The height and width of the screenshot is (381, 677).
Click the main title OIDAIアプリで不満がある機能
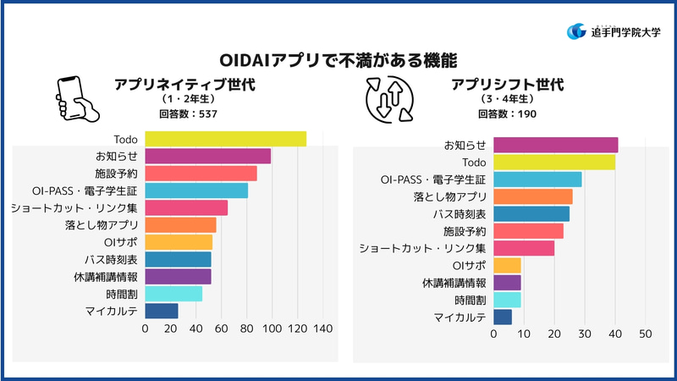(338, 60)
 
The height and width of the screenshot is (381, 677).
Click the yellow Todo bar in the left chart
(226, 139)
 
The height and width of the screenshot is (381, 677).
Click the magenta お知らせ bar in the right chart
(555, 145)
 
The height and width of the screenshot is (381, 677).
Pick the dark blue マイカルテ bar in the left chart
(162, 311)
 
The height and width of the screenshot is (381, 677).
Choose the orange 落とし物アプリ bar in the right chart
(532, 196)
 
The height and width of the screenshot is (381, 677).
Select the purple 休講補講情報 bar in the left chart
(178, 276)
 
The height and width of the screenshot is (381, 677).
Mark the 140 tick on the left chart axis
(323, 329)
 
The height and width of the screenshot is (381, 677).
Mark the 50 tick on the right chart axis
(646, 334)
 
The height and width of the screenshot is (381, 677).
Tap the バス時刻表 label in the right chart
(461, 213)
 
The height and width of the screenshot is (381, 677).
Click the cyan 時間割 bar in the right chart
(507, 300)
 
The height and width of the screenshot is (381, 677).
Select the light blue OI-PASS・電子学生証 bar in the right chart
(537, 179)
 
